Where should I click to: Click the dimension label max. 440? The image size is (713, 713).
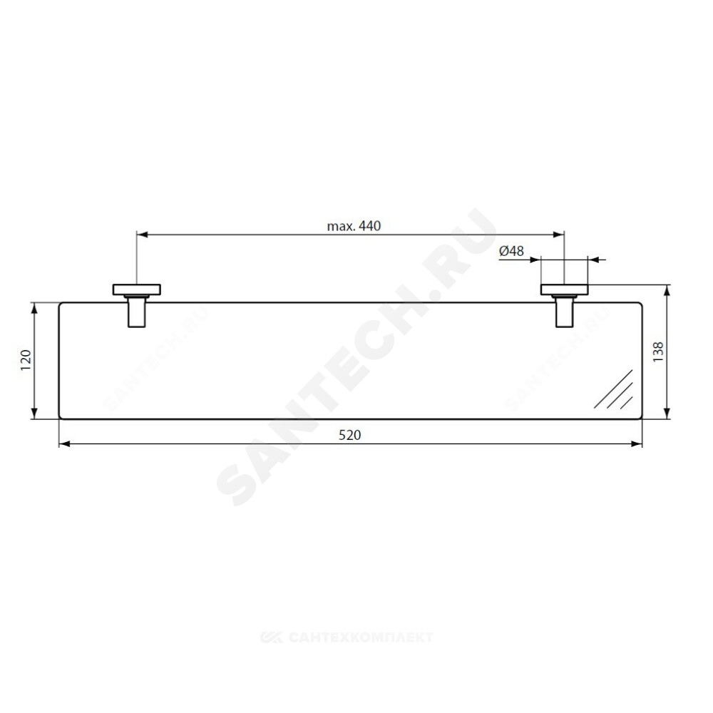click(x=354, y=225)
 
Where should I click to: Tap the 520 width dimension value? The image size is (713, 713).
click(x=349, y=435)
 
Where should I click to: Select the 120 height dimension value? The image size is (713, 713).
click(x=26, y=359)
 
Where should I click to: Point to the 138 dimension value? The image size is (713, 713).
click(x=658, y=352)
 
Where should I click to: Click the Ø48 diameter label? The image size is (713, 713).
click(x=511, y=250)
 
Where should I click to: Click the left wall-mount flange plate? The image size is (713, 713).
click(x=136, y=289)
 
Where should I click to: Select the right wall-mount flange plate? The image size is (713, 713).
click(x=564, y=289)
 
